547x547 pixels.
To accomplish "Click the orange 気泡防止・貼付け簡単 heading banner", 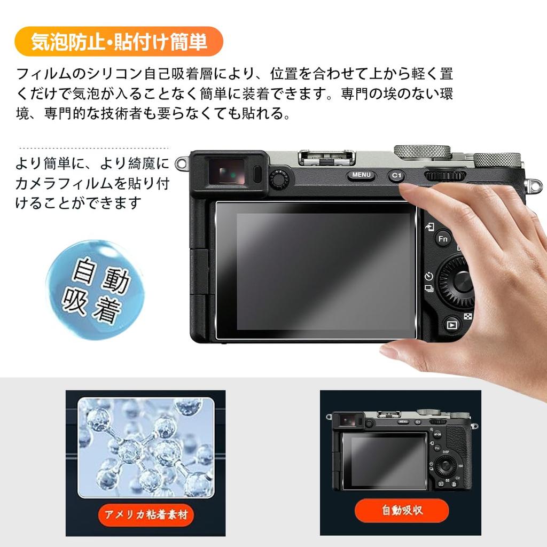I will coord(118,42).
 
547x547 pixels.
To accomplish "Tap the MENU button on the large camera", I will coord(361,175).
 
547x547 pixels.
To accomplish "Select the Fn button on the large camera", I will coord(443,239).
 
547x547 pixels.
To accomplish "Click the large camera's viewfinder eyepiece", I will coord(230,173).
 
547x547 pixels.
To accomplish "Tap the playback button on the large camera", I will coord(452,324).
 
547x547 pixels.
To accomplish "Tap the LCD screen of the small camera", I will coord(384,460).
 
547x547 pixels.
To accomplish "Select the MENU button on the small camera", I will coord(404,421).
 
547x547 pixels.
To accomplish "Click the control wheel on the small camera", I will coord(444,467).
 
